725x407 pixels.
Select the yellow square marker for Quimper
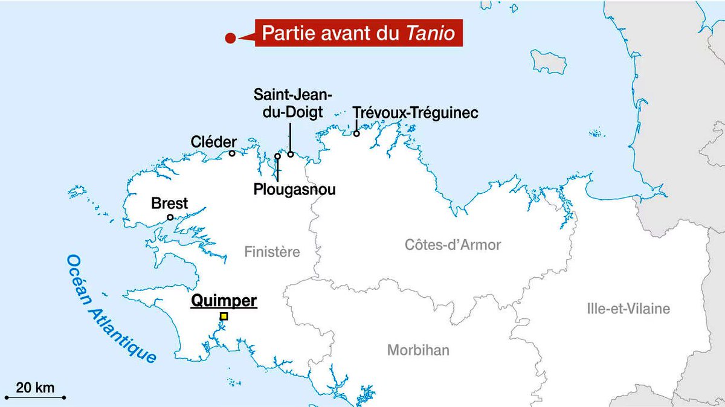point(224,316)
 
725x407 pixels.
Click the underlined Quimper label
point(224,301)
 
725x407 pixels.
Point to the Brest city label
point(170,203)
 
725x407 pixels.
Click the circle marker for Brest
point(170,217)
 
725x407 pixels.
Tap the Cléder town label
point(213,142)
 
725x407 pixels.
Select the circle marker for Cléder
point(232,153)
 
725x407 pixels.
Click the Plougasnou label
point(295,190)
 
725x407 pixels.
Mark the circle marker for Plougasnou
point(277,156)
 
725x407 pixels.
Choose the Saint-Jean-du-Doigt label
point(293,103)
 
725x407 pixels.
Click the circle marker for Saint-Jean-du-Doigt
point(291,154)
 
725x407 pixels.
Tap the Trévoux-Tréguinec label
point(415,113)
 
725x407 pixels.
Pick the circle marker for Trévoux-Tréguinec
point(356,133)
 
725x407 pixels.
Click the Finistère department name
point(272,252)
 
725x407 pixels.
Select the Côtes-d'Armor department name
point(453,245)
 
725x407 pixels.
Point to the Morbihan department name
point(418,350)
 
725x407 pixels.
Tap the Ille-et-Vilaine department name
point(628,309)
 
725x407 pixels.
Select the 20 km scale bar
point(35,397)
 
